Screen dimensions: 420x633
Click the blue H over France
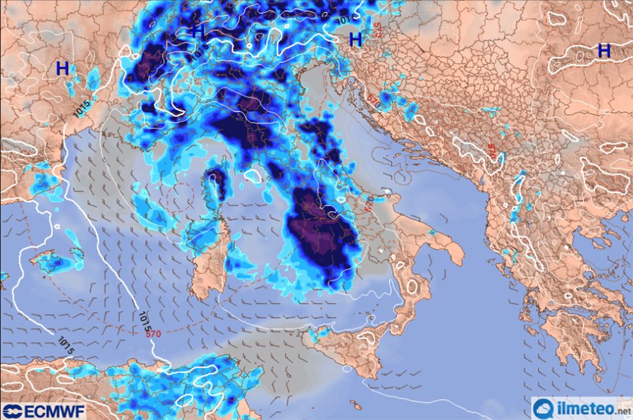tap(63, 68)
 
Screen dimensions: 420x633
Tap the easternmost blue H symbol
tap(604, 50)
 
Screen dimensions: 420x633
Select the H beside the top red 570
tap(356, 39)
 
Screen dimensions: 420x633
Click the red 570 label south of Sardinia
tap(153, 333)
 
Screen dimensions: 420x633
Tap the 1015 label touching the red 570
tap(144, 320)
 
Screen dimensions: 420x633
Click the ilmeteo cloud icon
tap(544, 409)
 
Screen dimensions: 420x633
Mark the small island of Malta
tap(356, 405)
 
